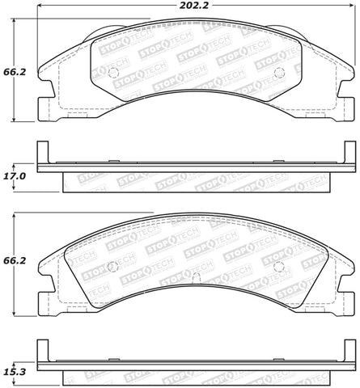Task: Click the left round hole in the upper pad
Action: [114, 74]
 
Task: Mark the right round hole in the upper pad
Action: [279, 74]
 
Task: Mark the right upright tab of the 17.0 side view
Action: [350, 154]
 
